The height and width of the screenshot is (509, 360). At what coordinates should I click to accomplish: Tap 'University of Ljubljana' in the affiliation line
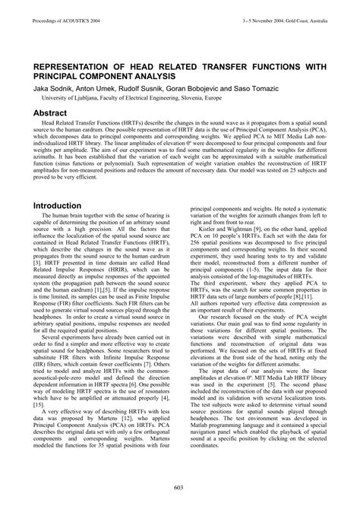point(69,98)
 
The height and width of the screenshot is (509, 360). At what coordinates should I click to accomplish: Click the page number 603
point(180,487)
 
